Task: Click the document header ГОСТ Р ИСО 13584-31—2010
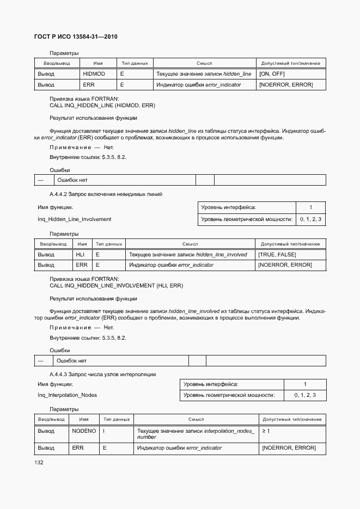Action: point(76,36)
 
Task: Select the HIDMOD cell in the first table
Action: point(94,73)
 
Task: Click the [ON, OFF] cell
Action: point(272,73)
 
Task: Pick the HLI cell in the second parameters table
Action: point(80,254)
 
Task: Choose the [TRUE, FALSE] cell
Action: point(278,254)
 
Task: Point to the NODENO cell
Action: point(84,431)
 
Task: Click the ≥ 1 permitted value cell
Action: point(266,431)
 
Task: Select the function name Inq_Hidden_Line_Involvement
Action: point(74,219)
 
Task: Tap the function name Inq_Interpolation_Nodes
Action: point(67,395)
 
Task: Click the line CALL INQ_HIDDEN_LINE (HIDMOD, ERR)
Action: point(102,105)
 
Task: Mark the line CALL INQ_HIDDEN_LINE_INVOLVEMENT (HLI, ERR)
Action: point(116,285)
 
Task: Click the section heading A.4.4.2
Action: point(106,194)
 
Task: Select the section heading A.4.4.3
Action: point(102,374)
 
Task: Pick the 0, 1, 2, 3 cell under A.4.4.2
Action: point(310,219)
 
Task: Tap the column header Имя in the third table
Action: point(84,419)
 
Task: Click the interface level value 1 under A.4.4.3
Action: point(305,384)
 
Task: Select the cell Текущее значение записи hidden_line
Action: point(204,73)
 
